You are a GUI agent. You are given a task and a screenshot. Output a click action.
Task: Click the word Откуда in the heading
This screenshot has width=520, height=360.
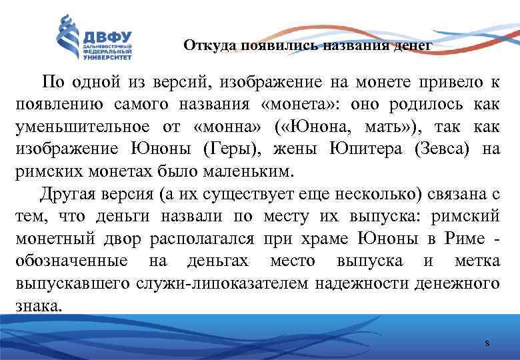tap(203, 46)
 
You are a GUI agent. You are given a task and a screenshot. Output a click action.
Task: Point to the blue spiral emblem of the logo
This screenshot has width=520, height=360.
tap(67, 39)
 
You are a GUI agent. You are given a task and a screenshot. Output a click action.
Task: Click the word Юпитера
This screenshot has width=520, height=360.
tap(365, 149)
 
